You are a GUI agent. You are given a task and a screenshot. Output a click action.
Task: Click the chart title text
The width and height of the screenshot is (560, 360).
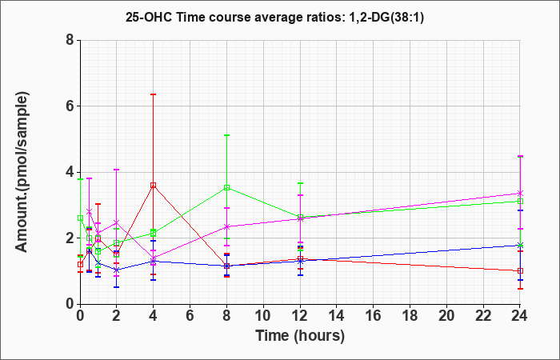click(x=274, y=17)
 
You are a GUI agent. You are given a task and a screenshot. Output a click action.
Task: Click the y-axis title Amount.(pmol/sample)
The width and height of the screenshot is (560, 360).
click(x=22, y=172)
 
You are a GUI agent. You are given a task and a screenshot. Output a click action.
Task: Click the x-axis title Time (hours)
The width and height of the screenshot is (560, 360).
click(x=300, y=336)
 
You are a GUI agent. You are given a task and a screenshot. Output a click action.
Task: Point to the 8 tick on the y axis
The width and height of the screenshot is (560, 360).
click(x=70, y=40)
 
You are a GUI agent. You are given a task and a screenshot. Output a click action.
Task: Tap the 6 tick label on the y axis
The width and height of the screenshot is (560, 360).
click(x=70, y=106)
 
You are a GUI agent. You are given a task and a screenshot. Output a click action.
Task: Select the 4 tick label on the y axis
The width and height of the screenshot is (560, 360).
click(x=70, y=172)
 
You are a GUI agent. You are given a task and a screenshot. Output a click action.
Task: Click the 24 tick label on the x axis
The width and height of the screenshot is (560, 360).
click(x=520, y=316)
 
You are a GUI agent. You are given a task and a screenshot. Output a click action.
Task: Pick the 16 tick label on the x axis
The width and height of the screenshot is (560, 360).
click(x=374, y=316)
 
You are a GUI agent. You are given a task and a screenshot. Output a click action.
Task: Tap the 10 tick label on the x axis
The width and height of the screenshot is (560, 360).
click(x=263, y=316)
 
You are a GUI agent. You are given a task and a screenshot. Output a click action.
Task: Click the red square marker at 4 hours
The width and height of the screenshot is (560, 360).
click(x=154, y=185)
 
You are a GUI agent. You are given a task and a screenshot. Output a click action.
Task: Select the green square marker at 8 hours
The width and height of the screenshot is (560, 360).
click(x=226, y=187)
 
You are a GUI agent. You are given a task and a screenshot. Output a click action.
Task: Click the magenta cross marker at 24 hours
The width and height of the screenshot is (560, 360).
click(x=520, y=193)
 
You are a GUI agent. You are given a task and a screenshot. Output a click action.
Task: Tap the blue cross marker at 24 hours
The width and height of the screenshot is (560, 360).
click(x=520, y=245)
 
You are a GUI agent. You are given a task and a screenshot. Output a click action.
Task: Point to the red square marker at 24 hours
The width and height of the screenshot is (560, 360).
click(x=520, y=270)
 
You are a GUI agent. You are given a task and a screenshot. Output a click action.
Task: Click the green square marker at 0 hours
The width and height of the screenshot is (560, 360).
click(x=80, y=218)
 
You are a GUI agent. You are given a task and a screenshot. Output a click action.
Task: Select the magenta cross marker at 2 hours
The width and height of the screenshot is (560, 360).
click(x=117, y=222)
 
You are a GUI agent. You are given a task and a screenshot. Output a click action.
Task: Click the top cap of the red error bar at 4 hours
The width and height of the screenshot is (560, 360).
click(x=154, y=94)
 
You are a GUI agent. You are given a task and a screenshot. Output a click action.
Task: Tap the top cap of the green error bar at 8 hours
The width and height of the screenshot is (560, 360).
click(x=226, y=135)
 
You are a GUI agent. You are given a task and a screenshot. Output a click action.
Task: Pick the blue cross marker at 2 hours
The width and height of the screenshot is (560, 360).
click(x=117, y=270)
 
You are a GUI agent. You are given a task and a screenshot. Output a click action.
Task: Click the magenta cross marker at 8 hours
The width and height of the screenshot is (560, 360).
click(x=226, y=226)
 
